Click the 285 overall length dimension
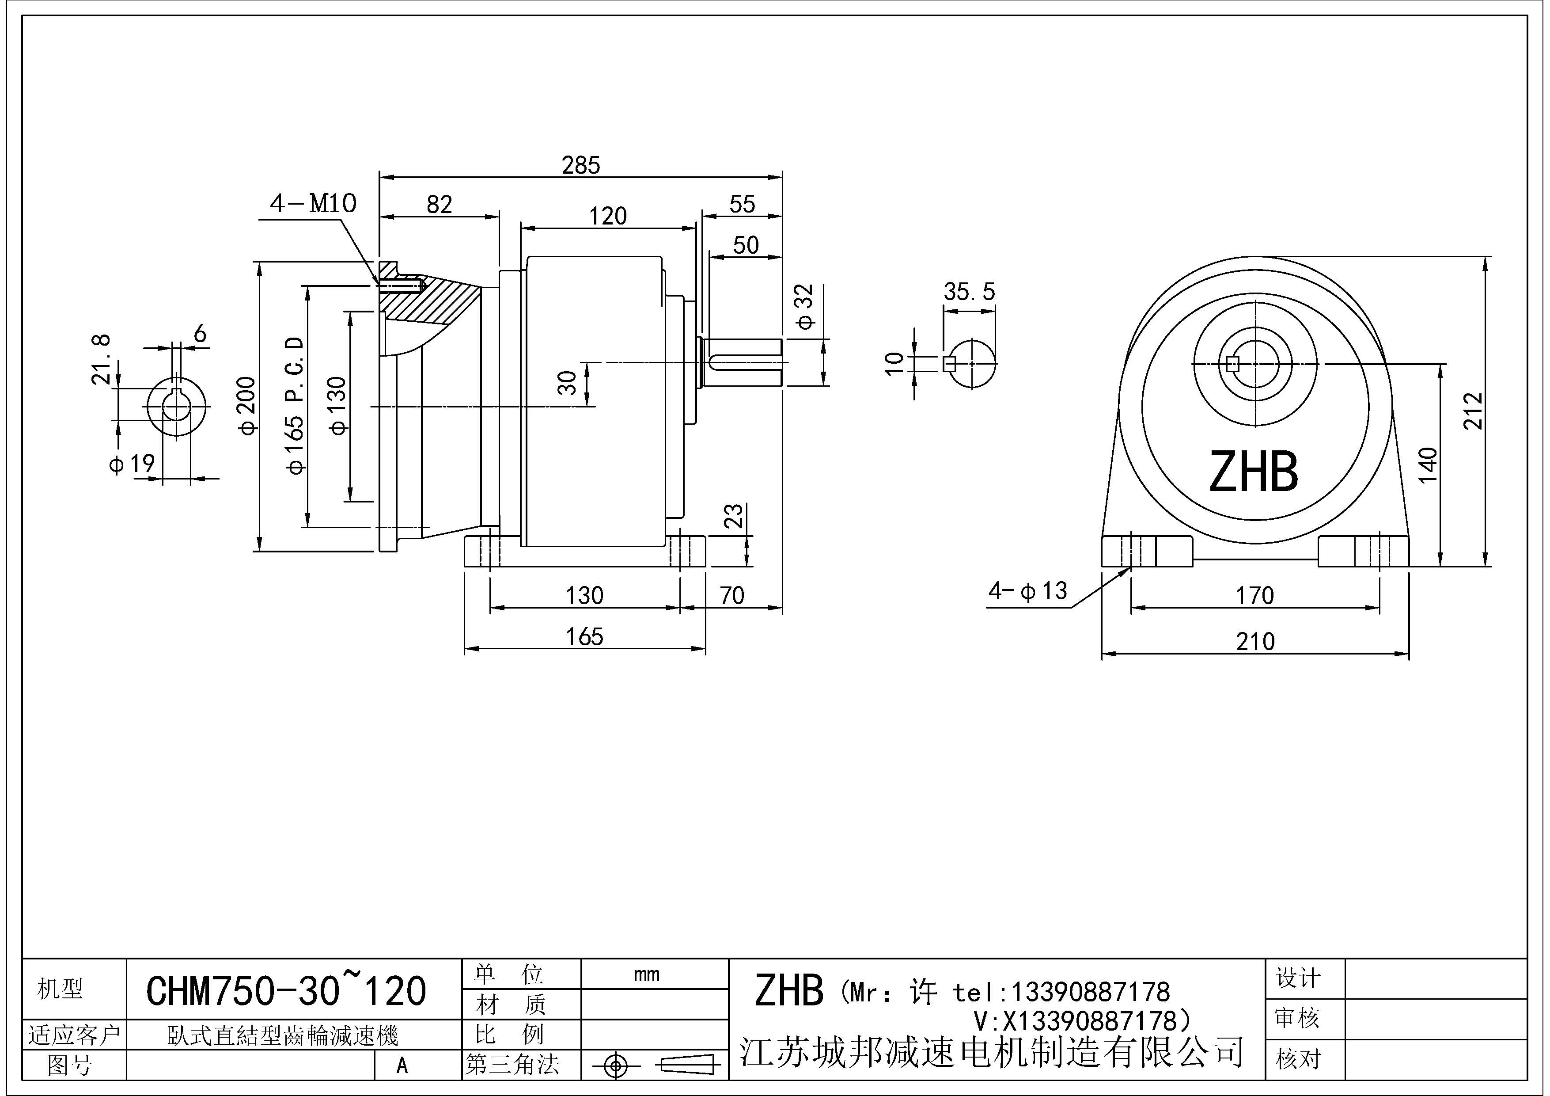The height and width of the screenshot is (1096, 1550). click(x=580, y=165)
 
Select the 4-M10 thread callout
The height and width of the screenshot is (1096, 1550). click(x=313, y=203)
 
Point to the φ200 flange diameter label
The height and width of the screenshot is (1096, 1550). click(x=248, y=405)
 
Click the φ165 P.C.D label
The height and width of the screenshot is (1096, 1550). click(x=296, y=405)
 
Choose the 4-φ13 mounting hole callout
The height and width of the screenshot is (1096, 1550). click(x=1027, y=592)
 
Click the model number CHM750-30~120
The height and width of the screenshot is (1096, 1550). click(x=286, y=991)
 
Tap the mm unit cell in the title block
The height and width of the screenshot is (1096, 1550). click(x=647, y=974)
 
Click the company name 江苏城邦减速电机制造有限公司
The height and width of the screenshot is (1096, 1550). click(x=992, y=1052)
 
